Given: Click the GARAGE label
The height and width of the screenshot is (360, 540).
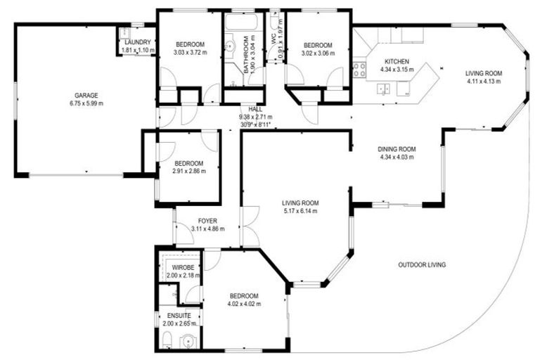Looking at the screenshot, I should click(x=87, y=95).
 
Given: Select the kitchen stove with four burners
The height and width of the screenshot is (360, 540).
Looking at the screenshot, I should click(x=359, y=70).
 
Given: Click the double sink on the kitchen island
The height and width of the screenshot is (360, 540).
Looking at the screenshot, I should click(x=385, y=89).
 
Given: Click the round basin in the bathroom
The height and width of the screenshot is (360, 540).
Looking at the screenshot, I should click(x=229, y=47).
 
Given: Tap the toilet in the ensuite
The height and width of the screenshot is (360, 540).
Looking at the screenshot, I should click(x=165, y=342).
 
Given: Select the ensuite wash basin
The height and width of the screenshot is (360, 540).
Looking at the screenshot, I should click(x=186, y=341).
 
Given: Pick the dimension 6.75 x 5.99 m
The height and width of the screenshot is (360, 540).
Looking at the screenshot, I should click(x=87, y=103).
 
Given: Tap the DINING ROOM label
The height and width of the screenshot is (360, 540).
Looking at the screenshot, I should click(x=397, y=149).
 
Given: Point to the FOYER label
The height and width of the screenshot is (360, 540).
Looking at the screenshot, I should click(x=188, y=221).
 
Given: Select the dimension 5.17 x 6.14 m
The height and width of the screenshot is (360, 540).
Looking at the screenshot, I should click(x=300, y=211).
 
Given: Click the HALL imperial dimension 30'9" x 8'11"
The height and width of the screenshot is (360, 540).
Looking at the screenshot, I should click(x=255, y=125).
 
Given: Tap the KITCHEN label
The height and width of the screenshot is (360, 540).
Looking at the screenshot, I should click(x=397, y=61).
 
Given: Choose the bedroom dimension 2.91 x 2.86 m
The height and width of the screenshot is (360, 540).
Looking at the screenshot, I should click(x=189, y=171).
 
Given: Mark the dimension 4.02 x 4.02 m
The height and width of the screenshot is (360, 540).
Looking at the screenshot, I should click(x=244, y=304).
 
